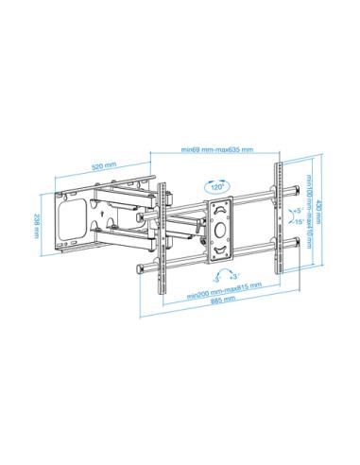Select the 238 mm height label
(38, 224)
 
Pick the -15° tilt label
(297, 222)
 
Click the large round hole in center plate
(221, 227)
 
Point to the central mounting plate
(221, 228)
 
